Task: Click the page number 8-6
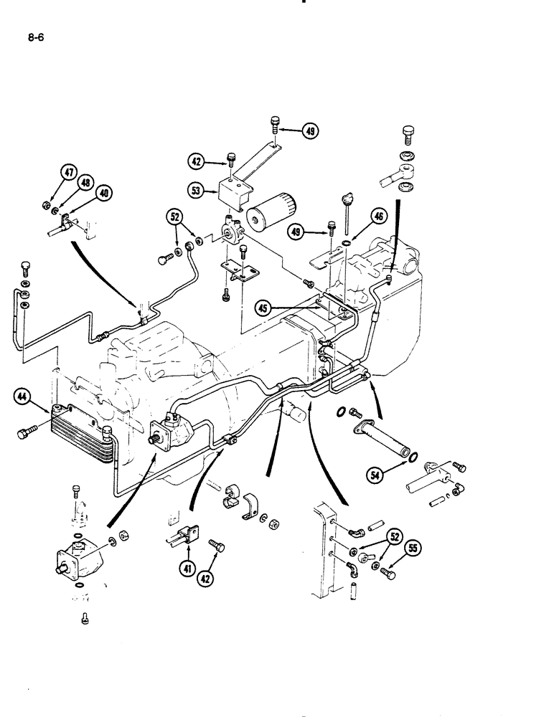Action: click(36, 41)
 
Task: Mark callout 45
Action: click(264, 308)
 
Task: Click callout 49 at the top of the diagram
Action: click(309, 131)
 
